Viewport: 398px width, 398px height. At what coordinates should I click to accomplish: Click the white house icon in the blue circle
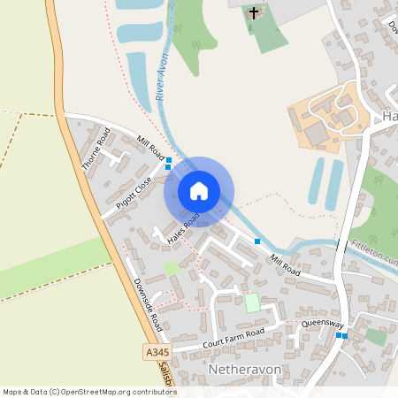pyautogui.click(x=199, y=190)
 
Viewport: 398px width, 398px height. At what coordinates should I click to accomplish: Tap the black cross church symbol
pyautogui.click(x=255, y=13)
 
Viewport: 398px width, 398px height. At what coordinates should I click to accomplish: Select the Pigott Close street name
pyautogui.click(x=134, y=192)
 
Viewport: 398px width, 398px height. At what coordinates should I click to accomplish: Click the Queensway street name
pyautogui.click(x=322, y=325)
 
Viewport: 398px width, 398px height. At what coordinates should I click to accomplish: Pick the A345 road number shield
pyautogui.click(x=153, y=352)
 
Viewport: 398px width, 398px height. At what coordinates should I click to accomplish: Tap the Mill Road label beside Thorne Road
pyautogui.click(x=151, y=146)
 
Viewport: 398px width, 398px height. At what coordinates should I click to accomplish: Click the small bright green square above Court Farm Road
pyautogui.click(x=252, y=302)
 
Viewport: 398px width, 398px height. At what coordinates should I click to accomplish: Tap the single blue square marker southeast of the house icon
pyautogui.click(x=257, y=241)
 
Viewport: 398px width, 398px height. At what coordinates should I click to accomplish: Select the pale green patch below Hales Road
pyautogui.click(x=172, y=268)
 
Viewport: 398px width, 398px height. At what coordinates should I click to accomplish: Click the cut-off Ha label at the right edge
pyautogui.click(x=389, y=118)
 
